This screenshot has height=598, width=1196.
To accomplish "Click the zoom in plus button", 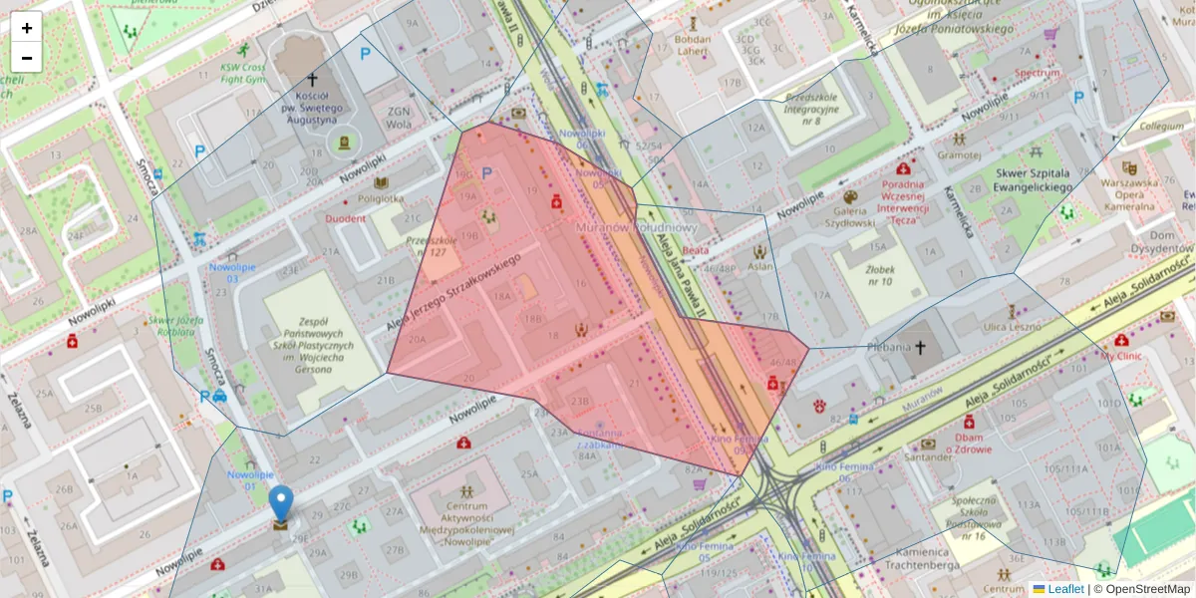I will click(x=27, y=28).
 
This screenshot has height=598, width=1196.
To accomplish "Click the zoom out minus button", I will click(x=27, y=58).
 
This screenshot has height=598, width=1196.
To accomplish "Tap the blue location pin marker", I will click(x=282, y=503).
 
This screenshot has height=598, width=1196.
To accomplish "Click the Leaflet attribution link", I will click(x=1065, y=589).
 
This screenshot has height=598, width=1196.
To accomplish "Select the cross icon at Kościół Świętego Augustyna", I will click(x=312, y=79).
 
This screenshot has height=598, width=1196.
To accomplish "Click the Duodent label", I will click(x=345, y=217).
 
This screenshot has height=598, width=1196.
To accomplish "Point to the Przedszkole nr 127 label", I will click(x=432, y=246).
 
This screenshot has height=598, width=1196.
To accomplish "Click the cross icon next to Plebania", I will click(x=920, y=347).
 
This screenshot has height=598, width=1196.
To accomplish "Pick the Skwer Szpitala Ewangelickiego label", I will click(x=1033, y=179).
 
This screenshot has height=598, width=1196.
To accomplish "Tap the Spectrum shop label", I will click(x=1039, y=73).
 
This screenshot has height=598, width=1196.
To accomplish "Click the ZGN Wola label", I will click(x=399, y=118).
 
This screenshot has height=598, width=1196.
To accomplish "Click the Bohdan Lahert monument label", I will click(x=693, y=46).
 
